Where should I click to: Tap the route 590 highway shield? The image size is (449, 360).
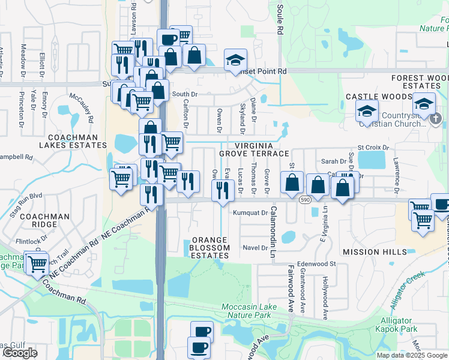(x=306, y=199)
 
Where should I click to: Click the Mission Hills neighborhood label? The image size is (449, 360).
(x=367, y=251)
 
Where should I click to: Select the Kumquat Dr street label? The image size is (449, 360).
(x=250, y=212)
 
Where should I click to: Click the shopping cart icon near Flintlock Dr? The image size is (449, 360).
(x=37, y=263)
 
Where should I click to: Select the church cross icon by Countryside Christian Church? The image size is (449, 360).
(x=436, y=118)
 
